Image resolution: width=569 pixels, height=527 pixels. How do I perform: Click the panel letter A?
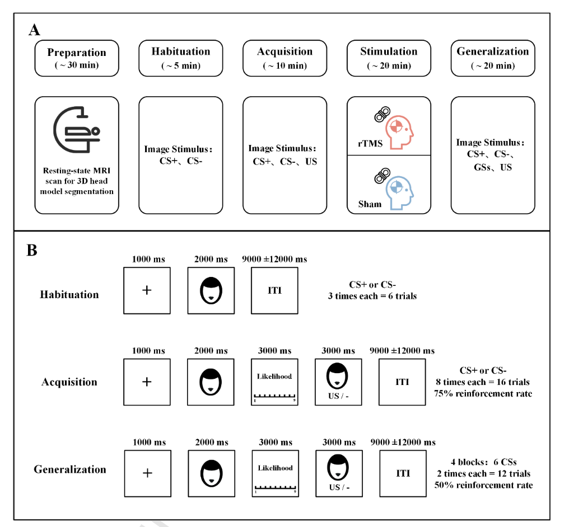(x=35, y=30)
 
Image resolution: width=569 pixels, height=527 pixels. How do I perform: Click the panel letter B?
(x=32, y=251)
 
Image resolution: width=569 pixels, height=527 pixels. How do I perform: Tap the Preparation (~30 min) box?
(x=77, y=58)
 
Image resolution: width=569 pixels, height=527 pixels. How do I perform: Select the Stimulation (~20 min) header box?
(x=389, y=58)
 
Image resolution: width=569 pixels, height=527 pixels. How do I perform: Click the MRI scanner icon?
(x=77, y=129)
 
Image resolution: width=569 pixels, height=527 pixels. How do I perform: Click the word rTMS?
(x=370, y=144)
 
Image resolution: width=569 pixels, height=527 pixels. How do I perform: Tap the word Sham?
(x=370, y=204)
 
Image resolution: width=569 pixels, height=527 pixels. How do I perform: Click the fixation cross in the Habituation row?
(x=147, y=290)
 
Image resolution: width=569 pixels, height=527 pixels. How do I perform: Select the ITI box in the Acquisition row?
(x=402, y=382)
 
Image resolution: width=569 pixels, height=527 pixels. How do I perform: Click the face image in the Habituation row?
(x=211, y=290)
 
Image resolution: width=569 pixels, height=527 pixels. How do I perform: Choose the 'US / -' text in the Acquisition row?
(x=338, y=396)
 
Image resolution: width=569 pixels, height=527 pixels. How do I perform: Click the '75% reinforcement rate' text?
(x=483, y=394)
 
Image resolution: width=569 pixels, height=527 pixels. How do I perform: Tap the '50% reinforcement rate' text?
(x=484, y=485)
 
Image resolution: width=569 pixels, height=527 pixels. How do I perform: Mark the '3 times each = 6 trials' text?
(x=372, y=296)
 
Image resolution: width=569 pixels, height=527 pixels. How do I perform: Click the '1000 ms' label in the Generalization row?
(x=149, y=442)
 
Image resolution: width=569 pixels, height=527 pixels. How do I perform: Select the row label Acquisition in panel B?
(x=69, y=382)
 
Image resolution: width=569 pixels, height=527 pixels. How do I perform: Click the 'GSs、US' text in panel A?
(x=493, y=167)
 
